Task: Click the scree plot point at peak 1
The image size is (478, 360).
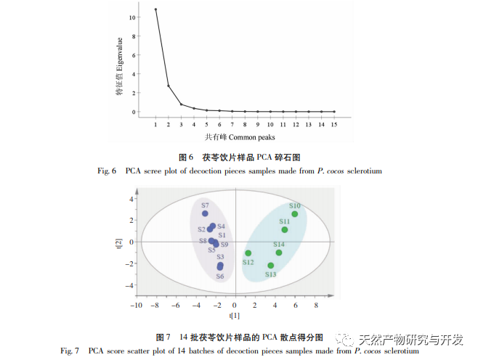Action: pyautogui.click(x=155, y=9)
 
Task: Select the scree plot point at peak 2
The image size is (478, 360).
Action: pyautogui.click(x=169, y=86)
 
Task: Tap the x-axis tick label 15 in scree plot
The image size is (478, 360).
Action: pyautogui.click(x=334, y=125)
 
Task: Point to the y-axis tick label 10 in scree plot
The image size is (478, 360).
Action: pyautogui.click(x=131, y=17)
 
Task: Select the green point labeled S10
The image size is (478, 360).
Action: pyautogui.click(x=294, y=214)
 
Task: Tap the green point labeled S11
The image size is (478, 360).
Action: pyautogui.click(x=285, y=229)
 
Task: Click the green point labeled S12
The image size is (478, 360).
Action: pyautogui.click(x=248, y=253)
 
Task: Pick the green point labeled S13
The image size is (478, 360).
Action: pyautogui.click(x=271, y=266)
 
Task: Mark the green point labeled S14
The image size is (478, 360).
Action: pyautogui.click(x=279, y=253)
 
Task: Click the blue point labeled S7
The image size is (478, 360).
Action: pyautogui.click(x=205, y=213)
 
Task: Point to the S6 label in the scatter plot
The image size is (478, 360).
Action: pyautogui.click(x=219, y=277)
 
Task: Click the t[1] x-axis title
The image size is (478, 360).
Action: pyautogui.click(x=235, y=316)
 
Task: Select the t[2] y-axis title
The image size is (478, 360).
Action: pyautogui.click(x=118, y=242)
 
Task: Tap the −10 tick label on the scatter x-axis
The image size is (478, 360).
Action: pyautogui.click(x=135, y=306)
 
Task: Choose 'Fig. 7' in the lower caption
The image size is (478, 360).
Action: pyautogui.click(x=69, y=351)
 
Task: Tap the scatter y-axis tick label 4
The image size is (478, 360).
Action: pyautogui.click(x=131, y=198)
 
